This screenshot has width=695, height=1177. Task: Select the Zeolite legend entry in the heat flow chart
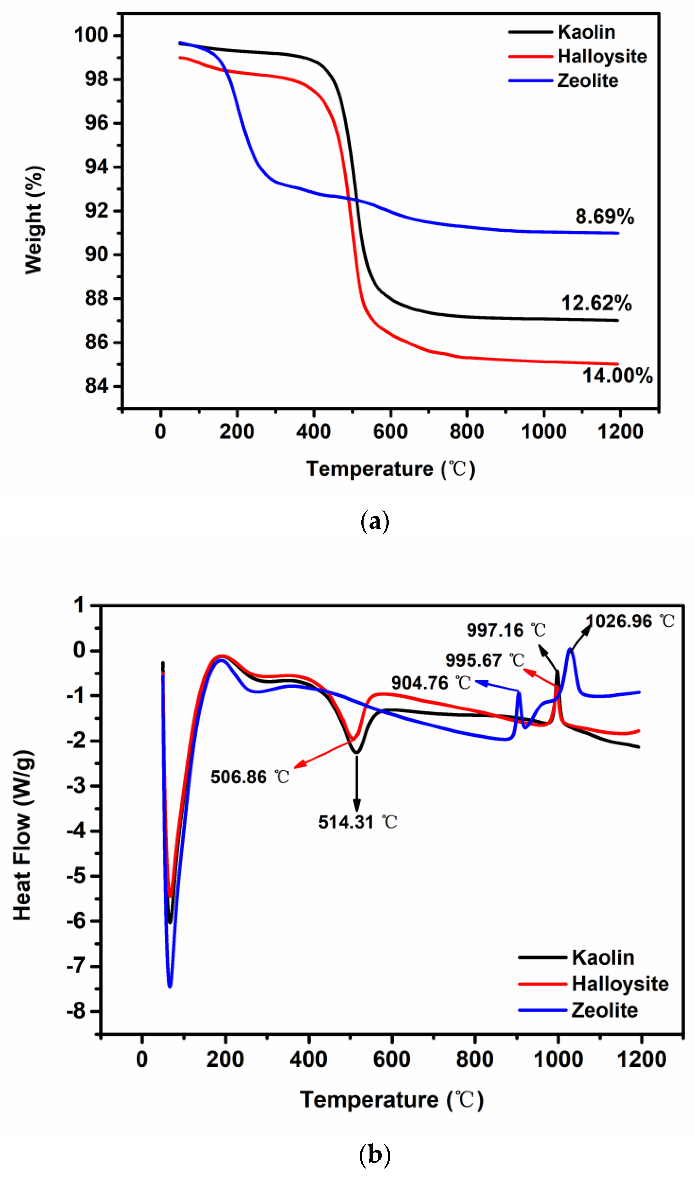pos(604,1010)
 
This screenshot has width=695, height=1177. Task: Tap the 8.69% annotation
pos(604,217)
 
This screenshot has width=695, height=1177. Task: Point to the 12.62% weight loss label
pos(596,304)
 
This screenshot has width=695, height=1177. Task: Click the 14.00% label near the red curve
pos(617,376)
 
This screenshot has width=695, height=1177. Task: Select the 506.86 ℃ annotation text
pos(250,777)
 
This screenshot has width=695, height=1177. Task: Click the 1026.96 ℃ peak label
pos(630,622)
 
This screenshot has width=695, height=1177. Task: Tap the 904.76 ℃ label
pos(430,683)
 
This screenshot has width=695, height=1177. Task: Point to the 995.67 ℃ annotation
pos(484,660)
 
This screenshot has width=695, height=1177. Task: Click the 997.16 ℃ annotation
pos(506,630)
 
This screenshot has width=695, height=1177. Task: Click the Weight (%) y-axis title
pos(34,220)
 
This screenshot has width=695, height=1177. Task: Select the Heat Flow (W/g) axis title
pos(22,836)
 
